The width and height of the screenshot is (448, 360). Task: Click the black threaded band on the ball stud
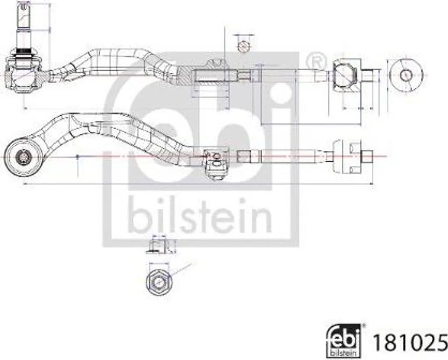coord(24,52)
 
